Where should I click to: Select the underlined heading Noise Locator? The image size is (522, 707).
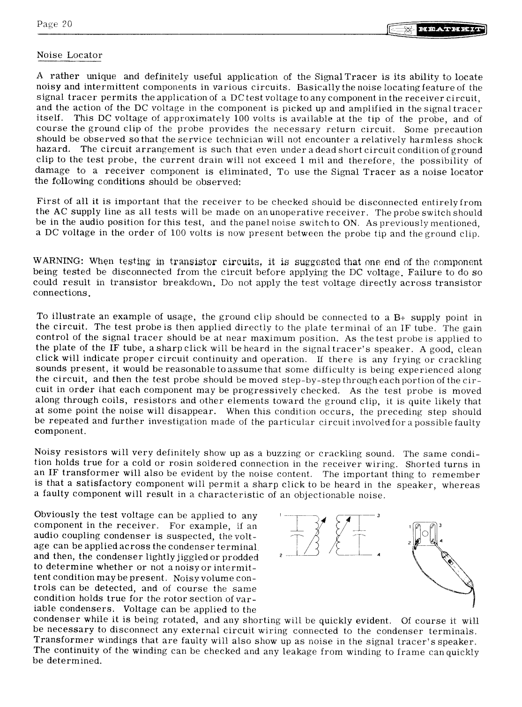coord(69,55)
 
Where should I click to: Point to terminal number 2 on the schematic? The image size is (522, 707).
coord(280,556)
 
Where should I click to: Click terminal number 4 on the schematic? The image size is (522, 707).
coord(377,556)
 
